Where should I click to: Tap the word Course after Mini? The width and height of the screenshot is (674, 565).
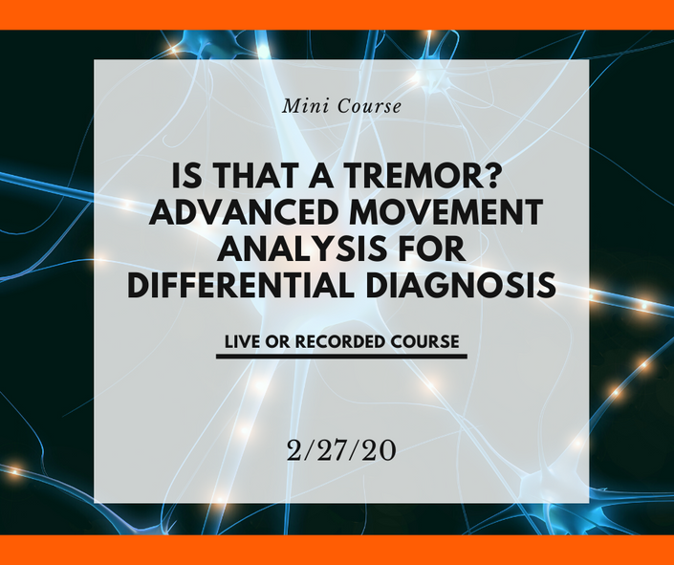[369, 106]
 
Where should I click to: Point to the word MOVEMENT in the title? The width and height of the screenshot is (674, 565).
[446, 212]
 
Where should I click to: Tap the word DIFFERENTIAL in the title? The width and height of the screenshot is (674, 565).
[241, 285]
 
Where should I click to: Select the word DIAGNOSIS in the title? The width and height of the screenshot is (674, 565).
[461, 285]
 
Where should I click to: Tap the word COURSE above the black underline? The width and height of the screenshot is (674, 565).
[425, 342]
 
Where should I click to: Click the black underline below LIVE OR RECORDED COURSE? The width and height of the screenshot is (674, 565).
[341, 357]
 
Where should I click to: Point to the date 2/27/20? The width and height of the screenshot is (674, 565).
[341, 451]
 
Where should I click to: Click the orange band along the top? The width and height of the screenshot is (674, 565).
[337, 14]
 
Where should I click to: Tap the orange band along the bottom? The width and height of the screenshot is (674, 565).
[337, 550]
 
